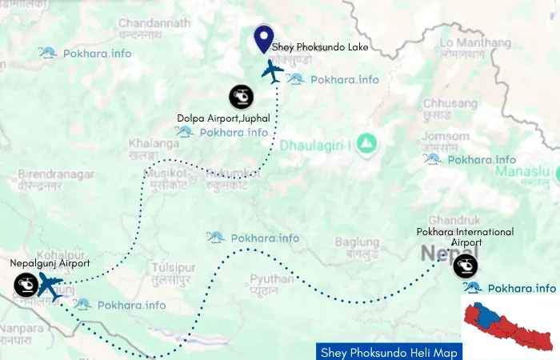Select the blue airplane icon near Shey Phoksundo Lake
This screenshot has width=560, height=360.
(x=273, y=71)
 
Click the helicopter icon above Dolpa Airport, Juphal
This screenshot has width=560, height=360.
(x=241, y=97)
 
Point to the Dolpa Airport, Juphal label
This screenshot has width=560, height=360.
(x=223, y=118)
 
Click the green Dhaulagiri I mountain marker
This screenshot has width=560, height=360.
(x=367, y=143)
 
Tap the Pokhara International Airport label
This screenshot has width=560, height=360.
(x=466, y=238)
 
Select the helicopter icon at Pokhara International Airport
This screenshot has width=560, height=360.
(x=466, y=265)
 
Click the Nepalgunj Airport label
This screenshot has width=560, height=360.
(x=50, y=262)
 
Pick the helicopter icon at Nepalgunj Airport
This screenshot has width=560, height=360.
(x=26, y=285)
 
